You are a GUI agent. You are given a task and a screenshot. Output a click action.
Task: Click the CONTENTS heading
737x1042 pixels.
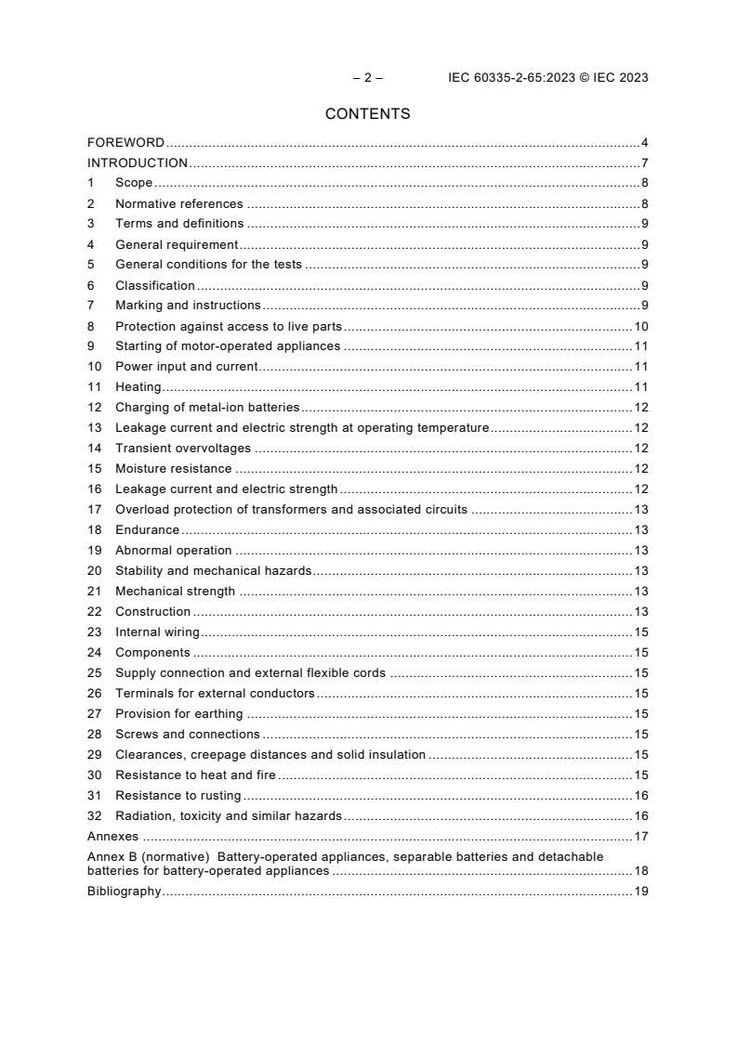[x=367, y=114]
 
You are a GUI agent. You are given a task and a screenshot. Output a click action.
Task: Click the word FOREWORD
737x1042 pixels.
[x=125, y=143]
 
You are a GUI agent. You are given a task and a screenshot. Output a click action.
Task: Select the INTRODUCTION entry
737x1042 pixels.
[x=138, y=163]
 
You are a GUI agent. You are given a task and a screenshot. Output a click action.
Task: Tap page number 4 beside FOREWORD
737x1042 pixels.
[x=644, y=143]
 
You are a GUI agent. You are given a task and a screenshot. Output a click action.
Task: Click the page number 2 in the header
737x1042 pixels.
[x=367, y=78]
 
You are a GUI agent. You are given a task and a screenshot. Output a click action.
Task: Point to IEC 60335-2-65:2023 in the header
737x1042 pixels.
[x=507, y=78]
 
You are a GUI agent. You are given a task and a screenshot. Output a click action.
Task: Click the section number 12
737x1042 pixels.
[x=94, y=408]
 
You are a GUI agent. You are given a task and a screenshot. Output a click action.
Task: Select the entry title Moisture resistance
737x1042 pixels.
[x=173, y=469]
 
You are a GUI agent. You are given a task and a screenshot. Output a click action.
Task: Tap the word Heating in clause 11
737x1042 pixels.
[x=138, y=387]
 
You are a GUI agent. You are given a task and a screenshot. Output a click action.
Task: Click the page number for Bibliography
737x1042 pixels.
[x=640, y=892]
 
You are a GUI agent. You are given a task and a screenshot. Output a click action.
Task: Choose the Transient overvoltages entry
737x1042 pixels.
[x=183, y=449]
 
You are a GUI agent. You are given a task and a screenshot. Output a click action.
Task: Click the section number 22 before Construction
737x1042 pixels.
[x=94, y=612]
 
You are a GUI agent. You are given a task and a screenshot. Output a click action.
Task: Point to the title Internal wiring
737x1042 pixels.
[x=157, y=632]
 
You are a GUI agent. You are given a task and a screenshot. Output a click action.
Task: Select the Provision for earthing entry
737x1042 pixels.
[x=178, y=714]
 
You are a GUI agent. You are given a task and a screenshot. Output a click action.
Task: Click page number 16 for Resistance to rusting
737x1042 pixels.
[x=640, y=796]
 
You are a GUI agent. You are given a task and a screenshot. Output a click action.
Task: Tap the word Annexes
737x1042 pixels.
[x=112, y=837]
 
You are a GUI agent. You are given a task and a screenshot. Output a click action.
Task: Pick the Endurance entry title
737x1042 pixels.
[x=147, y=530]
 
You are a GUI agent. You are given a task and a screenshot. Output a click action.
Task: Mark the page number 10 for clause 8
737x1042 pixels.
[x=640, y=327]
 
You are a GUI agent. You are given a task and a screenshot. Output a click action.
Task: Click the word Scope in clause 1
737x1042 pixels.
[x=134, y=184]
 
